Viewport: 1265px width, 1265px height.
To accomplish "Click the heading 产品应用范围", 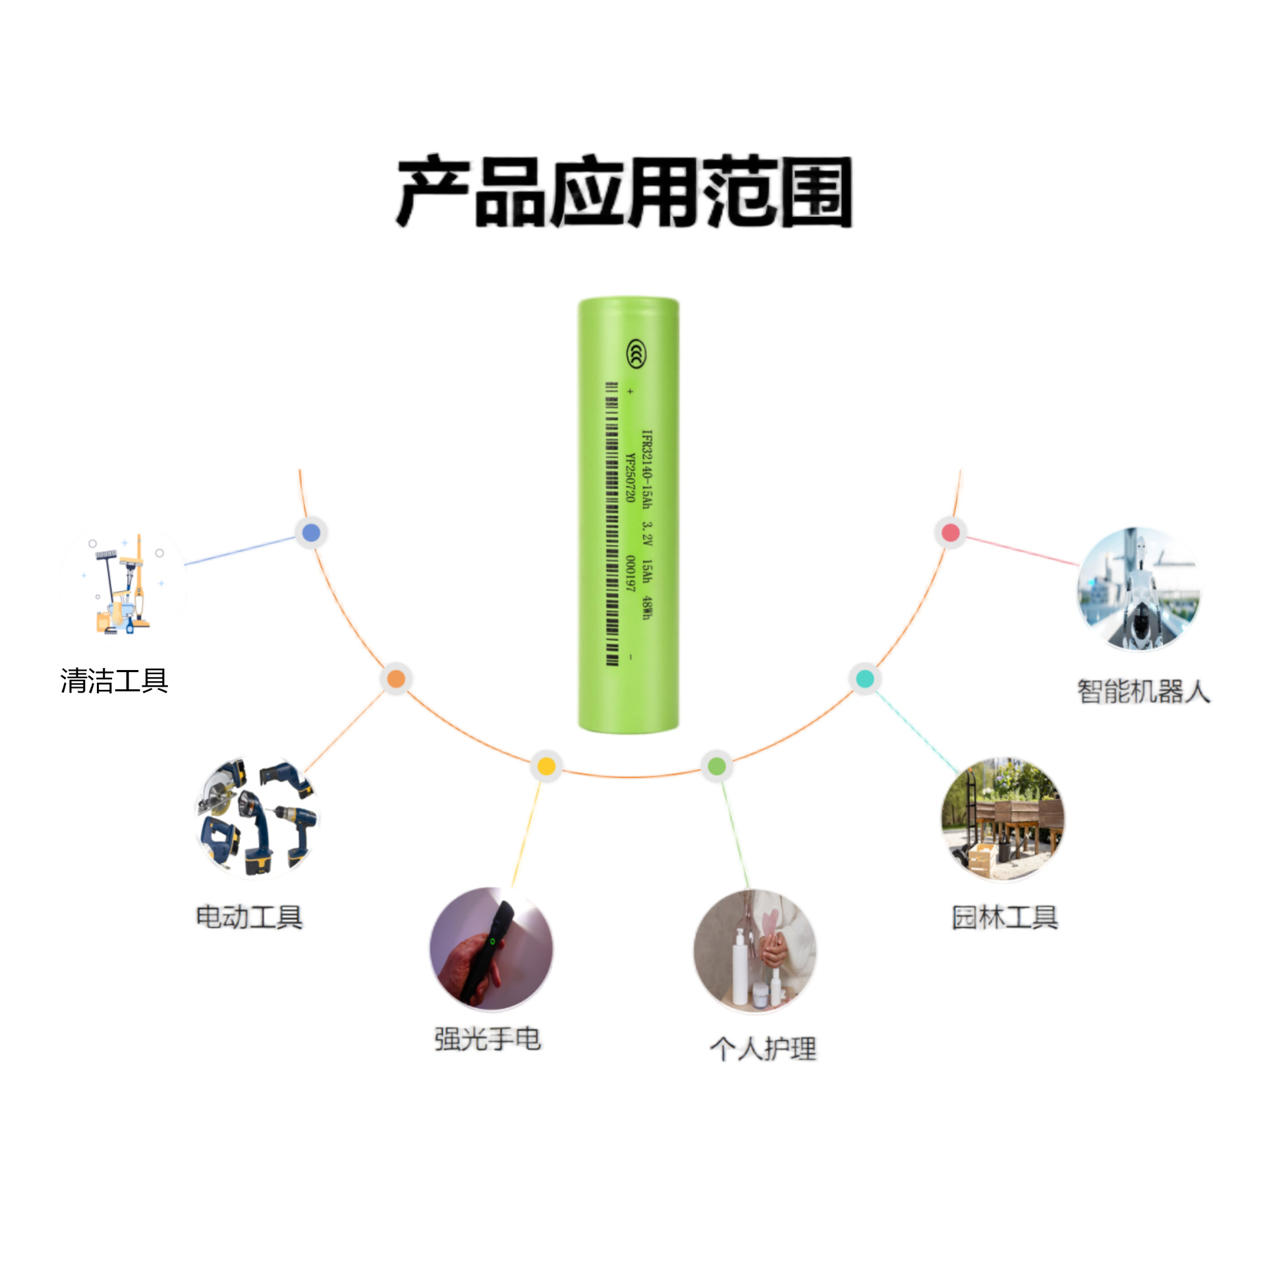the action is point(624,192).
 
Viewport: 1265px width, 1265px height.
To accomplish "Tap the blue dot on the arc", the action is point(311,532).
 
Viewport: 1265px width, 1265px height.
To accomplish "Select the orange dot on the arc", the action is point(396,679).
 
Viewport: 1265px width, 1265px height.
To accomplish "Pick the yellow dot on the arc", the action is point(546,766).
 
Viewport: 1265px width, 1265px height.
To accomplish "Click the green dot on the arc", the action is point(717,766).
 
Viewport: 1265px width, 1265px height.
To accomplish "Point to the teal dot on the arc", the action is point(864,679).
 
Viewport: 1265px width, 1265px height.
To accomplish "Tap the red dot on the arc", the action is point(950,532).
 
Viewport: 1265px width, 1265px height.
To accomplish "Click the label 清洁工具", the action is point(115,681).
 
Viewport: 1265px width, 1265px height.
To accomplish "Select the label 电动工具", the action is point(250,916).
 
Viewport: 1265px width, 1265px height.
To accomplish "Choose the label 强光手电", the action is point(488,1039).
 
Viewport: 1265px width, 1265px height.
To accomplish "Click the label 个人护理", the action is point(763,1048).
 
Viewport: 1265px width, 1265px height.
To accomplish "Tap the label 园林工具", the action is point(1005,916).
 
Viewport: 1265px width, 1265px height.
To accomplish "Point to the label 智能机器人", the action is point(1144,691).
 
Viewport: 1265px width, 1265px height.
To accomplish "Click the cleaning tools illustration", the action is point(122,584).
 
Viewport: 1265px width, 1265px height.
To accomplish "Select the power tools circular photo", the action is point(258,818).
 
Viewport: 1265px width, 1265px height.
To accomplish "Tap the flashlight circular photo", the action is point(491,949).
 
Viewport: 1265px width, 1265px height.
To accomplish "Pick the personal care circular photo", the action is point(755,951).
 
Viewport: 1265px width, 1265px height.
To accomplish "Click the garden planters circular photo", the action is point(1003,819).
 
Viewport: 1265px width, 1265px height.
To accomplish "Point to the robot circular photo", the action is point(1139,589).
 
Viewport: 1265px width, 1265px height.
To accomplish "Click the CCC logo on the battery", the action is point(636,354).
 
